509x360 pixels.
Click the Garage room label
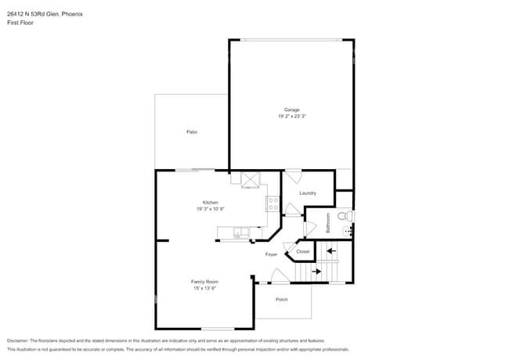click(x=291, y=110)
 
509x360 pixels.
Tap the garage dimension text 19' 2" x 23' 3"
click(x=291, y=117)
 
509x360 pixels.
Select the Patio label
click(x=192, y=131)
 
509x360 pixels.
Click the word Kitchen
click(x=211, y=203)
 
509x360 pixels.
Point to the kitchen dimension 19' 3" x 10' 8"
click(x=211, y=209)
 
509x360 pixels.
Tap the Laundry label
click(x=307, y=193)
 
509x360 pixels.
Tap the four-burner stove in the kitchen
click(x=273, y=204)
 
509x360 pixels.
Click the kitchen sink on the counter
click(x=239, y=232)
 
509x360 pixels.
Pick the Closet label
click(x=303, y=251)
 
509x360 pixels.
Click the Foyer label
click(x=271, y=254)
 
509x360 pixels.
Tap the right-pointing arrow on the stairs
click(x=316, y=272)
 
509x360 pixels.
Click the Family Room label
click(x=204, y=281)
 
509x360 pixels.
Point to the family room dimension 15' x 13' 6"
click(x=204, y=288)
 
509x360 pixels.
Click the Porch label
click(x=281, y=300)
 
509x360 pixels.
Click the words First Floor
click(x=20, y=23)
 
